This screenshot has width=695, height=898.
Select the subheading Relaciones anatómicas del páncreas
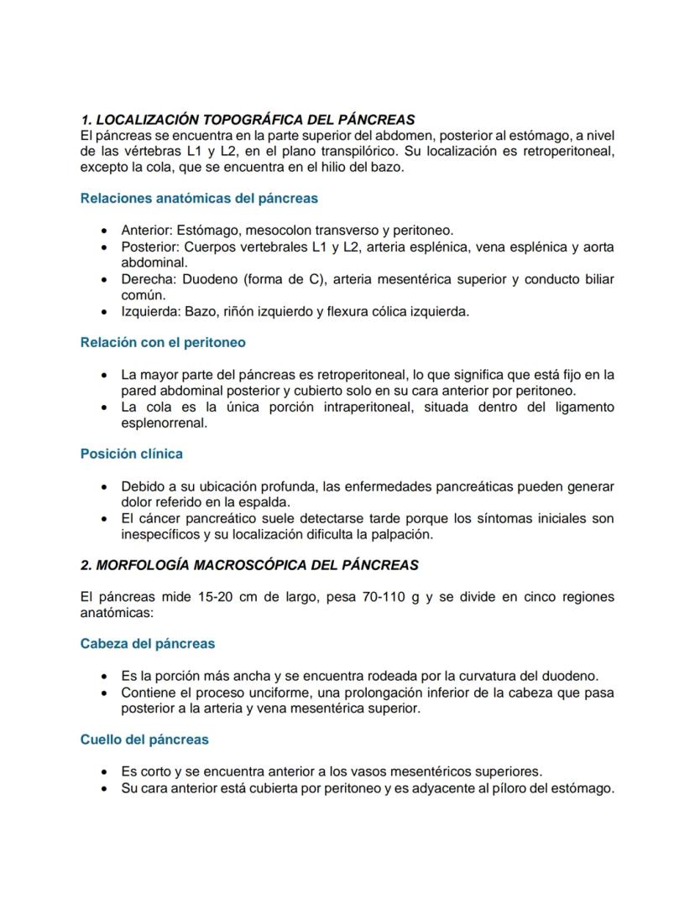pos(199,199)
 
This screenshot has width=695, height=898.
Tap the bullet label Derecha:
pos(147,279)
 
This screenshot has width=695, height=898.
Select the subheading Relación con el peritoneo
pos(163,342)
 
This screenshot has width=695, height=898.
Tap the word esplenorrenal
pos(165,423)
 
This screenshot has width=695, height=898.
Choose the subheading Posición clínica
pos(132,454)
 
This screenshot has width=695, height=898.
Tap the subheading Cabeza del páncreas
pos(148,644)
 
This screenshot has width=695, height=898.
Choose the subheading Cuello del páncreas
pos(144,740)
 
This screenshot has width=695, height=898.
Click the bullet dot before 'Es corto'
pos(103,772)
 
